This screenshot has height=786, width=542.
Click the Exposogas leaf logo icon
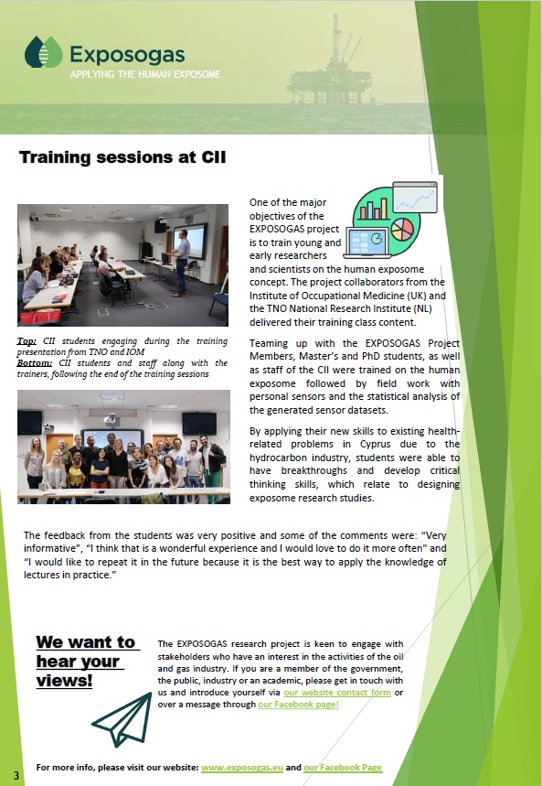click(44, 51)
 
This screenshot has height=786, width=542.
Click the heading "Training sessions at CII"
click(122, 156)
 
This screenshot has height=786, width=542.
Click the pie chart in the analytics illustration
click(402, 229)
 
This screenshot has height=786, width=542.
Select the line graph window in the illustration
click(415, 197)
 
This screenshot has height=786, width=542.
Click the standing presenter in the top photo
click(181, 263)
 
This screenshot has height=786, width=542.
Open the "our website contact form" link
click(337, 693)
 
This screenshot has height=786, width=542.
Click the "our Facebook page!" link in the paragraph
click(299, 705)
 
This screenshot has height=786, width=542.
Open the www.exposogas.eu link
click(242, 768)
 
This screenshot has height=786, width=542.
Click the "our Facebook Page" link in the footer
click(343, 768)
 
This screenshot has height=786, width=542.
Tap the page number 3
click(16, 775)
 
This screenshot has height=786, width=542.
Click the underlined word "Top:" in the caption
click(27, 341)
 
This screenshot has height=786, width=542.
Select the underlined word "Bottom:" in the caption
click(35, 363)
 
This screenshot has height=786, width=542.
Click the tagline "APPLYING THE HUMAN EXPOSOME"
click(145, 74)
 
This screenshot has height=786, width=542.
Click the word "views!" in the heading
click(64, 681)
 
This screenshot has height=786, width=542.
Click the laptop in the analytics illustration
click(367, 242)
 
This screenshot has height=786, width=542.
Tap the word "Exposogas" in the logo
click(127, 54)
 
